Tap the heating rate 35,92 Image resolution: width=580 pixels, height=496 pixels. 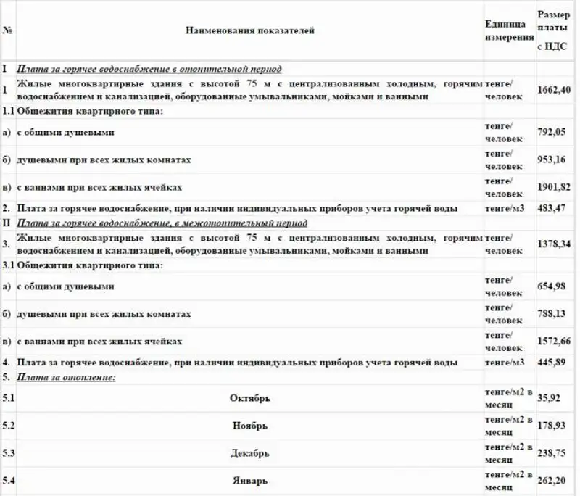point(548,398)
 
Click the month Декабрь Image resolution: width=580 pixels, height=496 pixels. point(249,453)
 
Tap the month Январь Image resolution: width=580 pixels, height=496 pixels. point(249,480)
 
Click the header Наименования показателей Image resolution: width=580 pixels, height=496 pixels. point(250,30)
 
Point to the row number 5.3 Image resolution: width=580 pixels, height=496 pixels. point(9,453)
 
